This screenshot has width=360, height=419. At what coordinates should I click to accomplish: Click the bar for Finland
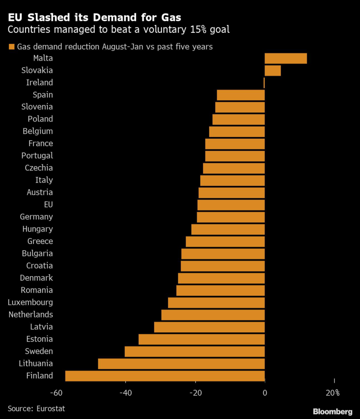point(165,376)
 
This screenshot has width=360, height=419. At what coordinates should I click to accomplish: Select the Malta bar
point(286,58)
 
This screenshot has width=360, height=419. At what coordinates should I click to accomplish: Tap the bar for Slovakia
point(272,70)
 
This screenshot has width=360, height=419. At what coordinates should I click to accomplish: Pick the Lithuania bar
point(181,363)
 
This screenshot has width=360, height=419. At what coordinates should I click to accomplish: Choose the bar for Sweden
point(195,351)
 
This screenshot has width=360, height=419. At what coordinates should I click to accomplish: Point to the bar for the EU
point(231,205)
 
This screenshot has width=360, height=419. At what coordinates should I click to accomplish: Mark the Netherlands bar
point(213,315)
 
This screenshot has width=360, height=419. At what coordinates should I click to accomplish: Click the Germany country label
point(36,217)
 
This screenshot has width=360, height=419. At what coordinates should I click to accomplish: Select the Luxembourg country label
point(30,302)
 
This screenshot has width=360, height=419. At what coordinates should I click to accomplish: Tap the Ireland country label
point(39,83)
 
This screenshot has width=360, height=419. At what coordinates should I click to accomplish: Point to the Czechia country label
point(38,168)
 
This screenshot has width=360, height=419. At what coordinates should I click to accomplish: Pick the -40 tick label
point(125,393)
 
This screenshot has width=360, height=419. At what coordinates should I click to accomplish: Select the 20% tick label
point(333,393)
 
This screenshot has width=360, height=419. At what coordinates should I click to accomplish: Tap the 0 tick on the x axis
point(265,393)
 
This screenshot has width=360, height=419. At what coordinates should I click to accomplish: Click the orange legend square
point(11,47)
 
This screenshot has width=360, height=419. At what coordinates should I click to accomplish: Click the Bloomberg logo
point(333,411)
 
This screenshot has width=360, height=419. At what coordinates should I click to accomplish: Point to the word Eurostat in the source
point(50,408)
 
